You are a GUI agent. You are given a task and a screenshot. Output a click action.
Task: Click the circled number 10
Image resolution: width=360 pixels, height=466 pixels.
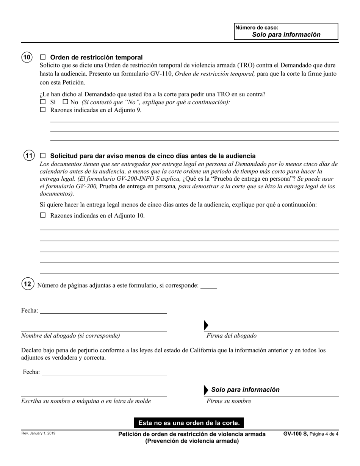pos(27,57)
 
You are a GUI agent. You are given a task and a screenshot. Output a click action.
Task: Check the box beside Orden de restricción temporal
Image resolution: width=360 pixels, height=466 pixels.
pos(43,57)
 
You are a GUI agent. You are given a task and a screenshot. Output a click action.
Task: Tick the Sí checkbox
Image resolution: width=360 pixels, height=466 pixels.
pos(43,102)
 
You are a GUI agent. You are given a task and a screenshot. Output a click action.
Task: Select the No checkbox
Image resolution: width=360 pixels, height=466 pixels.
pos(65,102)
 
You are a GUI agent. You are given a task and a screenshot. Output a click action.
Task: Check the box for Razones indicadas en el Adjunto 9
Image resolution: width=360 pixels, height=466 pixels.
pos(43,110)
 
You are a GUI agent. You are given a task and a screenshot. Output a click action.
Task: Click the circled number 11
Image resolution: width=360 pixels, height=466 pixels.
pos(29,155)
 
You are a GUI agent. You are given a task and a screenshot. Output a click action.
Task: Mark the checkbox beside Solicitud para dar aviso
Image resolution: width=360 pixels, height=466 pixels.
pos(43,155)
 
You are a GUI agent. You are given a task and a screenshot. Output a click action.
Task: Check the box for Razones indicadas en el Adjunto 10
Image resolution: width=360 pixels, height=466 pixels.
pos(43,215)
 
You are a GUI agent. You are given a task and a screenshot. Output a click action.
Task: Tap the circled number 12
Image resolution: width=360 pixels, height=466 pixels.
pos(27,284)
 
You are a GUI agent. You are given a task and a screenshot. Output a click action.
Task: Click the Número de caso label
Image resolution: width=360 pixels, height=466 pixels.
pos(257,28)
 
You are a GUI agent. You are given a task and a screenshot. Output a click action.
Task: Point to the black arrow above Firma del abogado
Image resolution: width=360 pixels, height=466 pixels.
pos(206,325)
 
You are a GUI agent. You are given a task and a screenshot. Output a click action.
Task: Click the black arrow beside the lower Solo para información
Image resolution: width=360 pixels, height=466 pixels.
pos(206,390)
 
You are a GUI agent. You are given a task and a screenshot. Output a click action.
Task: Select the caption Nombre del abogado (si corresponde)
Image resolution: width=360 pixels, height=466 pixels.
pos(70,336)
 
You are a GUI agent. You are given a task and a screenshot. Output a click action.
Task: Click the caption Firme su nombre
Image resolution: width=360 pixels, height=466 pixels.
pos(229,401)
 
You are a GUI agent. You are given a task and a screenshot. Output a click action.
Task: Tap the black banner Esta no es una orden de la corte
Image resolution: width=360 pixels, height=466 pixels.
pos(189,422)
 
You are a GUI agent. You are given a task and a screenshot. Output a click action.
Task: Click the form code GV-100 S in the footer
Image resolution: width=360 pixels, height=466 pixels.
pos(295,434)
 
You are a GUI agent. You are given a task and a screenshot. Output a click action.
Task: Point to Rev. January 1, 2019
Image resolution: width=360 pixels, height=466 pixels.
pos(38,433)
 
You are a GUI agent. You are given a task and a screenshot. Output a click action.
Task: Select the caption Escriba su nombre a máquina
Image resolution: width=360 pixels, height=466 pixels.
pos(86,401)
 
